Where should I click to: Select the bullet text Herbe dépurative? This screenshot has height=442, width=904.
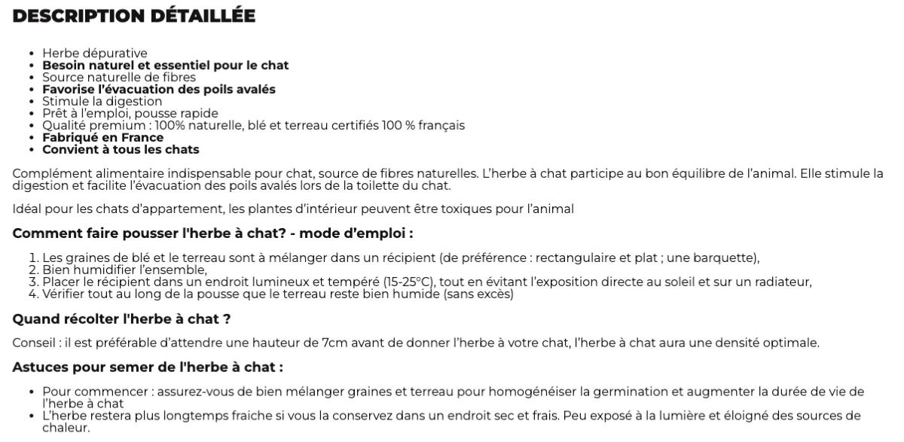(x=94, y=53)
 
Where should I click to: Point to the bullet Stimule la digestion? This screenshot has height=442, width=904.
(x=102, y=102)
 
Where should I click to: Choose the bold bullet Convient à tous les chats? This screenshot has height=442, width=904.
(x=121, y=150)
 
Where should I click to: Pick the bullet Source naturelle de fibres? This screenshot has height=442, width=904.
(x=119, y=78)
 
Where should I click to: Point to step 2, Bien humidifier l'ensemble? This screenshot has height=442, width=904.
(x=124, y=270)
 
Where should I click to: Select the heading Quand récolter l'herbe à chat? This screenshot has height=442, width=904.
(x=121, y=319)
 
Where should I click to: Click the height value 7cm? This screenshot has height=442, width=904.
(x=335, y=343)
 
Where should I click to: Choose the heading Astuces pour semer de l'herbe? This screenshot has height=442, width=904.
(x=148, y=367)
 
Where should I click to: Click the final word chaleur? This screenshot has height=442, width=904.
(x=66, y=428)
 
